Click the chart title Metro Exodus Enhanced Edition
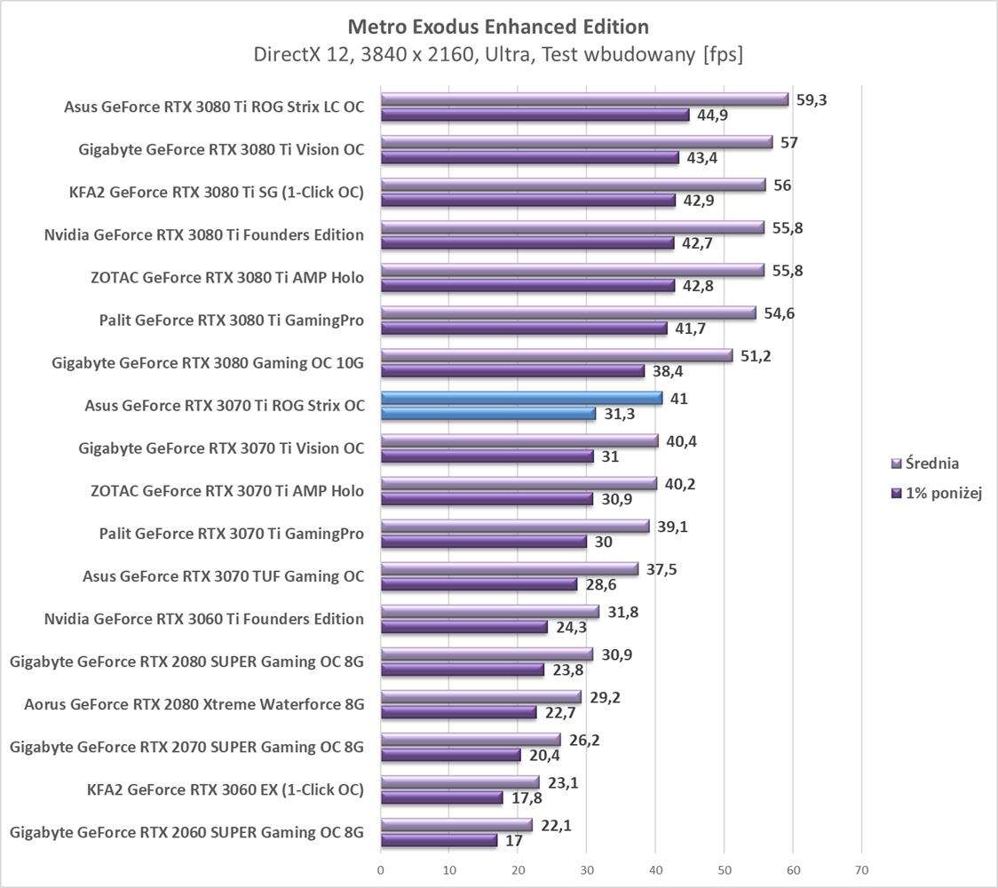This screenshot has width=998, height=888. pyautogui.click(x=498, y=26)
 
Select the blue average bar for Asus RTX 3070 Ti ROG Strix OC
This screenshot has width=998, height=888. pyautogui.click(x=521, y=399)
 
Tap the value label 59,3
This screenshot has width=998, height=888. pyautogui.click(x=812, y=99)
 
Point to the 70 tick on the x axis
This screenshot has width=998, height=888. pyautogui.click(x=861, y=869)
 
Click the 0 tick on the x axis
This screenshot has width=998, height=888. pyautogui.click(x=381, y=869)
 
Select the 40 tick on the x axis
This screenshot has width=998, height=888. pyautogui.click(x=655, y=869)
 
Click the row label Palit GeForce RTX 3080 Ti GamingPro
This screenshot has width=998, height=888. pyautogui.click(x=231, y=320)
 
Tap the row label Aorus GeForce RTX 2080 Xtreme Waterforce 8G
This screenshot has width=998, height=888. pyautogui.click(x=194, y=704)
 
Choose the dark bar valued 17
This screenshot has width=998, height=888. pyautogui.click(x=439, y=840)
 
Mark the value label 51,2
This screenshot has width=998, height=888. pyautogui.click(x=756, y=356)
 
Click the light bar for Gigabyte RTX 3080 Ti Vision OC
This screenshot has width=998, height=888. pyautogui.click(x=576, y=142)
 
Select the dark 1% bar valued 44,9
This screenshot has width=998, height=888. pyautogui.click(x=535, y=115)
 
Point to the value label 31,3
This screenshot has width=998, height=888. pyautogui.click(x=619, y=414)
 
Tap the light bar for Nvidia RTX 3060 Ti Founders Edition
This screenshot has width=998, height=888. pyautogui.click(x=490, y=612)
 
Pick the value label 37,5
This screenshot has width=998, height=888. pyautogui.click(x=661, y=569)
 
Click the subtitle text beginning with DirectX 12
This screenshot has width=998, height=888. pyautogui.click(x=498, y=55)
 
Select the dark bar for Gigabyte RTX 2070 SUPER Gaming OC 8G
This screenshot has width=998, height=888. pyautogui.click(x=450, y=755)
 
